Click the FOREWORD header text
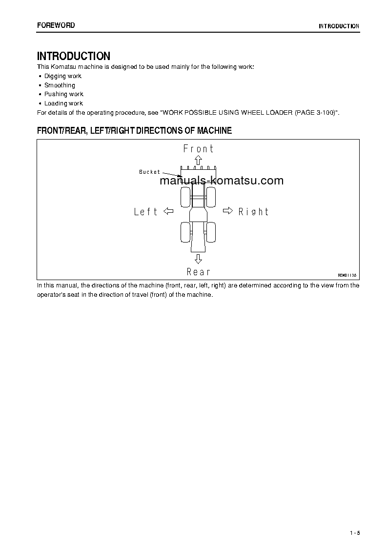click(56, 25)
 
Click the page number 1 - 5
click(354, 532)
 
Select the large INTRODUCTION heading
click(74, 56)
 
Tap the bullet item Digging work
click(62, 76)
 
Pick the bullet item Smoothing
click(60, 85)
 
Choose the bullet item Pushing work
click(63, 94)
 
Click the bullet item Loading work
click(63, 103)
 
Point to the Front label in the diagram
click(198, 148)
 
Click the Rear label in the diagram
click(198, 272)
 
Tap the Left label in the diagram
click(146, 212)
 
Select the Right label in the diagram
click(253, 212)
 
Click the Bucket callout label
click(149, 172)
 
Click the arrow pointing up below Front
click(198, 161)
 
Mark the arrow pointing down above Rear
click(198, 259)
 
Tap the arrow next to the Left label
click(168, 211)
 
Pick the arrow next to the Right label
click(228, 211)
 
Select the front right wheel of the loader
click(211, 197)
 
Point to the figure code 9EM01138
click(347, 275)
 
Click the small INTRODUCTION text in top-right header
click(339, 26)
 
